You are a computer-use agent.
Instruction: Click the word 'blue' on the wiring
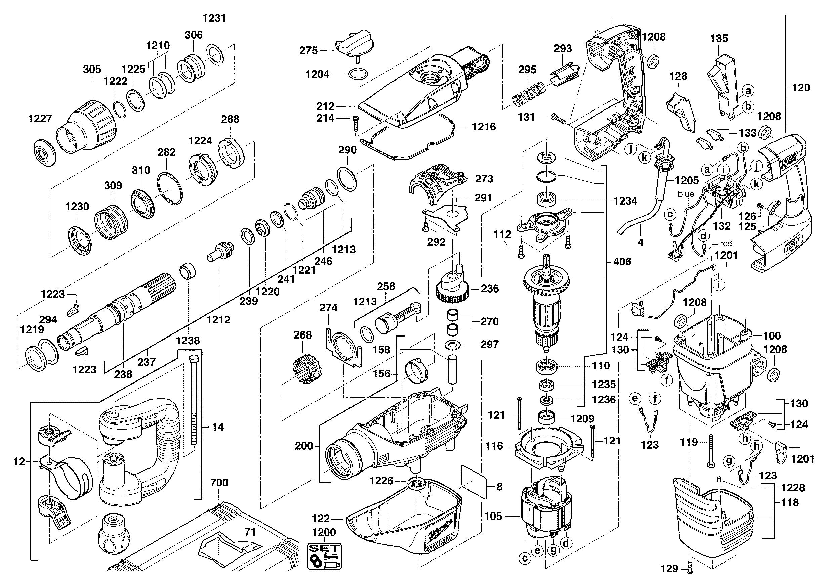[x=686, y=194]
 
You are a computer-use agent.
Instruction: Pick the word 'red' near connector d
[x=726, y=244]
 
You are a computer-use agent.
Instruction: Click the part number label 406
[x=622, y=261]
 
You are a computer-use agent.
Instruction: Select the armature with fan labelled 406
[x=546, y=309]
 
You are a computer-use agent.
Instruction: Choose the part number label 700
[x=219, y=482]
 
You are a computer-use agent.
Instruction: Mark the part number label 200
[x=304, y=446]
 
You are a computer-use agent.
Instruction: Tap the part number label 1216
[x=484, y=126]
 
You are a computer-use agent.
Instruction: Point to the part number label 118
[x=790, y=503]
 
